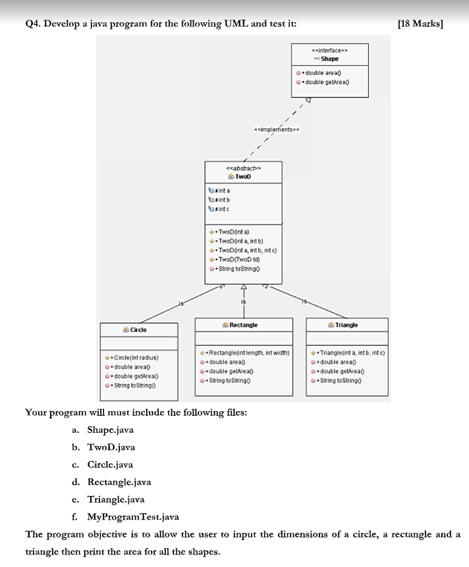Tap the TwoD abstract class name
click(244, 177)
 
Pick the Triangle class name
click(346, 325)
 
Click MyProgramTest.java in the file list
click(132, 517)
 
